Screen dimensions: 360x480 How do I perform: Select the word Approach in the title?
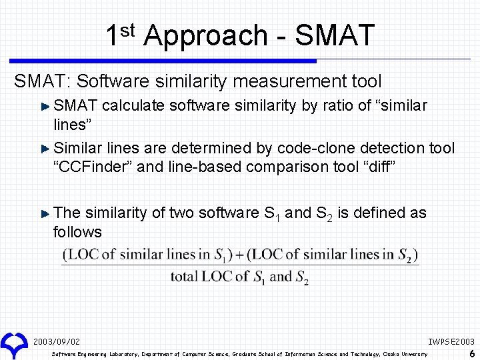205,35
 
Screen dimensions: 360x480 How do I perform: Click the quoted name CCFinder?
92,166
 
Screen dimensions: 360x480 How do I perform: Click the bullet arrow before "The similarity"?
45,213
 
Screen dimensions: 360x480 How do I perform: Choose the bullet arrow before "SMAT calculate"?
45,106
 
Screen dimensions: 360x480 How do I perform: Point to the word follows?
77,232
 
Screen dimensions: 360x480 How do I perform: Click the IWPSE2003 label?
451,341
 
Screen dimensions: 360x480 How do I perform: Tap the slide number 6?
472,353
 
